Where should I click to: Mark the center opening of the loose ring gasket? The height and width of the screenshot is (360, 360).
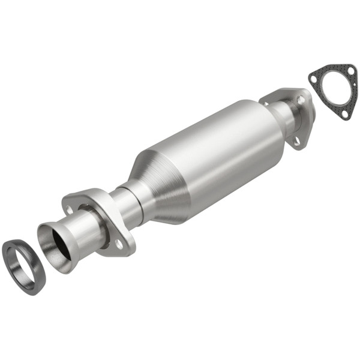(x=24, y=266)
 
